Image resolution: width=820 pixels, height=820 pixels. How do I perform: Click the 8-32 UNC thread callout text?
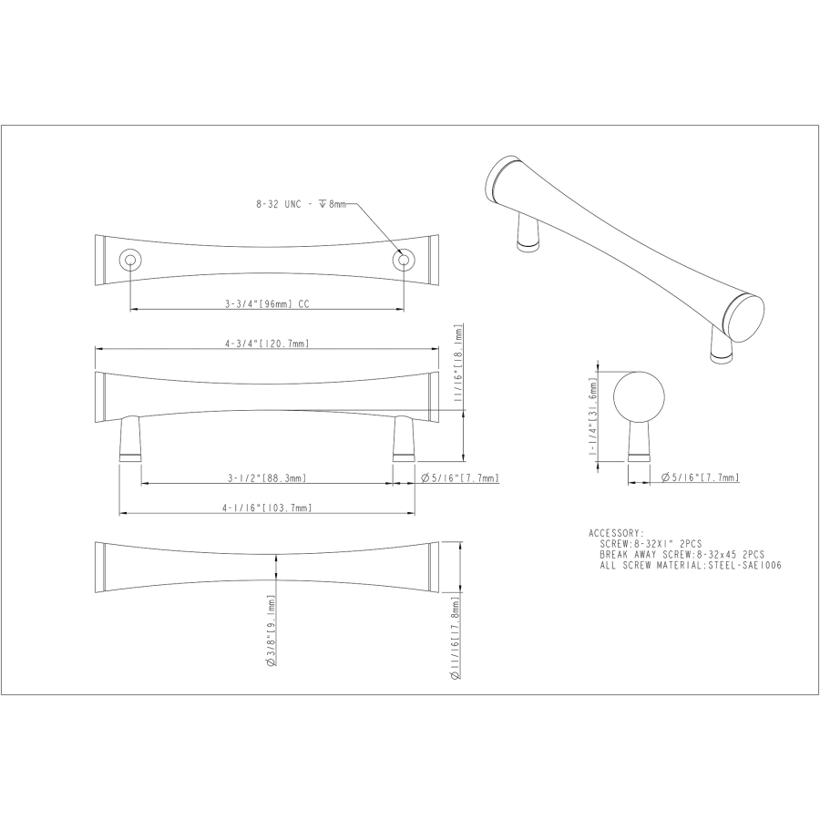(x=301, y=206)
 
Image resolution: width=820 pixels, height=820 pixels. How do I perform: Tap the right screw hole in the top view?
(x=402, y=261)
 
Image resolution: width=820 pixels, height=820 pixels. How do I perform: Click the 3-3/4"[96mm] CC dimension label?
(x=267, y=304)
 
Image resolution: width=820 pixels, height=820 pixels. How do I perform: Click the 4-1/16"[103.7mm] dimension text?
(x=267, y=507)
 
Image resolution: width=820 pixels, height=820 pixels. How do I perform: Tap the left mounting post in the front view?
(x=130, y=438)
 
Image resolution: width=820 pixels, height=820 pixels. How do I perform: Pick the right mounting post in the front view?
(x=403, y=438)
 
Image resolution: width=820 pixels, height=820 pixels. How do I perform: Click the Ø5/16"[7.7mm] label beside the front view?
(x=459, y=477)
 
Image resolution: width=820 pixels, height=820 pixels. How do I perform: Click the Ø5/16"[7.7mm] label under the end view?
(x=700, y=477)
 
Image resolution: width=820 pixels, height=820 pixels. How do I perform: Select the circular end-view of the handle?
(x=639, y=396)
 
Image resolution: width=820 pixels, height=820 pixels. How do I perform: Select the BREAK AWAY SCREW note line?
(x=682, y=554)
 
